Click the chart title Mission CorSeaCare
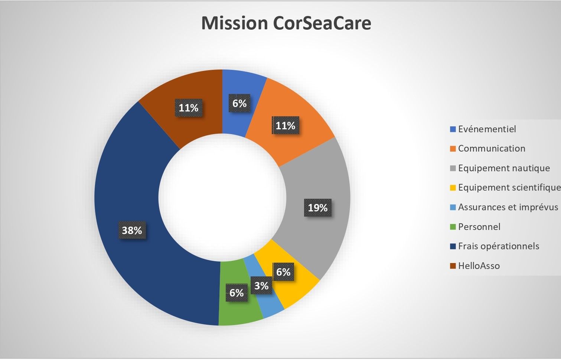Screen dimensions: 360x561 tap(286, 23)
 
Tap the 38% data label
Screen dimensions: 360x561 tap(132, 230)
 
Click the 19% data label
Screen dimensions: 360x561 tap(318, 208)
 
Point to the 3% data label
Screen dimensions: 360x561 tap(261, 286)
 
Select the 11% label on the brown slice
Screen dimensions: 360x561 tap(189, 108)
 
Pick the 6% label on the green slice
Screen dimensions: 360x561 tap(237, 293)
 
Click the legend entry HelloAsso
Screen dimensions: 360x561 tap(479, 266)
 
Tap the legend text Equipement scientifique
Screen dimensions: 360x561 tap(509, 188)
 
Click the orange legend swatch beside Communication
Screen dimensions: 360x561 tap(453, 149)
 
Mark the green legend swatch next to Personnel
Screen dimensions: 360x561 tap(453, 227)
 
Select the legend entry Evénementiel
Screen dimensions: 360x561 tap(487, 129)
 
